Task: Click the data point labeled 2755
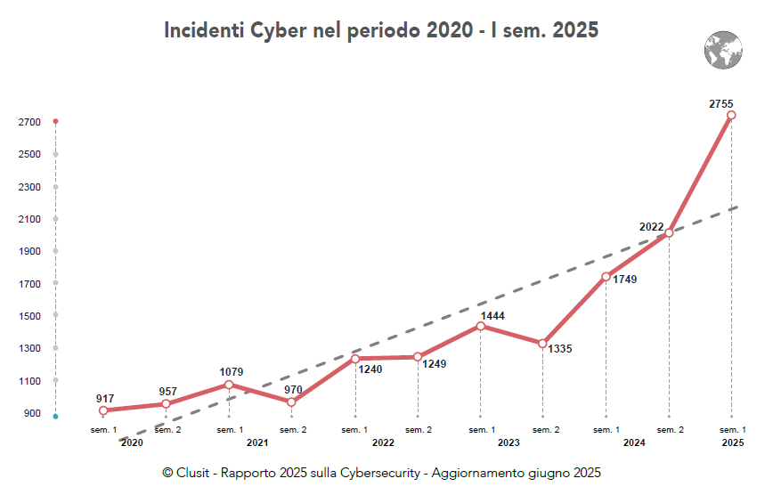[x=731, y=115]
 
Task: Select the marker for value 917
[x=103, y=410]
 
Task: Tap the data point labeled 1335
[x=542, y=343]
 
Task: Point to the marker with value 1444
[x=480, y=326]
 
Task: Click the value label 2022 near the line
[x=651, y=227]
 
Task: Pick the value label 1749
[x=624, y=280]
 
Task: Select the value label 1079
[x=232, y=371]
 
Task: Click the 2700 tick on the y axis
[x=28, y=122]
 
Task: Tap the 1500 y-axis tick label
[x=28, y=316]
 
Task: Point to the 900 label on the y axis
[x=31, y=413]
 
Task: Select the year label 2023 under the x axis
[x=508, y=442]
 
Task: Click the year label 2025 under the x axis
[x=732, y=442]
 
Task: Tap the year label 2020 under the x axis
[x=132, y=442]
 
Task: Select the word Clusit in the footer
[x=193, y=473]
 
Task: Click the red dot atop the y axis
[x=55, y=121]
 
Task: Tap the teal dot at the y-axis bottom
[x=55, y=416]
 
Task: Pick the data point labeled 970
[x=291, y=402]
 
